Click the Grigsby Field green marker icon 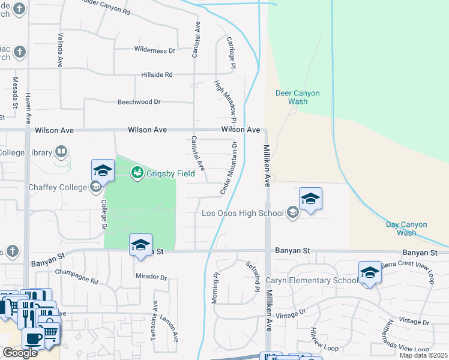[x=137, y=173]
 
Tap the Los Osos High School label [x=243, y=213]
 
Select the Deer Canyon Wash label [x=297, y=97]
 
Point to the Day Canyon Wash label [x=406, y=229]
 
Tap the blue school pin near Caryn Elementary [x=370, y=273]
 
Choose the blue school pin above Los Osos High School [x=310, y=199]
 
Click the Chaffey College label [x=58, y=187]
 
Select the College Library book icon [x=61, y=152]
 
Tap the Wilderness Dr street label [x=155, y=50]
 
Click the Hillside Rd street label [x=157, y=74]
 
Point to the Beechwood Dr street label [x=139, y=101]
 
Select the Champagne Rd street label [x=76, y=272]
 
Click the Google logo [x=20, y=353]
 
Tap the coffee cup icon [x=32, y=337]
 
